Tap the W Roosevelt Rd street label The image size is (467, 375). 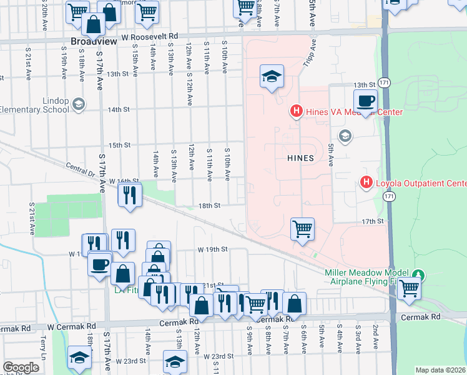[x=150, y=37]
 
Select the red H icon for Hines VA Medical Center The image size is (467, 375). [x=297, y=112]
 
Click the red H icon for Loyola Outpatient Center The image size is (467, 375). [x=367, y=183]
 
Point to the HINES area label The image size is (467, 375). [x=300, y=159]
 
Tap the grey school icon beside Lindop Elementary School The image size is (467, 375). [x=79, y=104]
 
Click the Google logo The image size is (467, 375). [x=20, y=367]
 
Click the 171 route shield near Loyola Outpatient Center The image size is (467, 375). [x=389, y=196]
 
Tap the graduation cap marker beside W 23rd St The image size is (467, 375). [x=175, y=361]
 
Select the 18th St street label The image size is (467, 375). [x=209, y=205]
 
